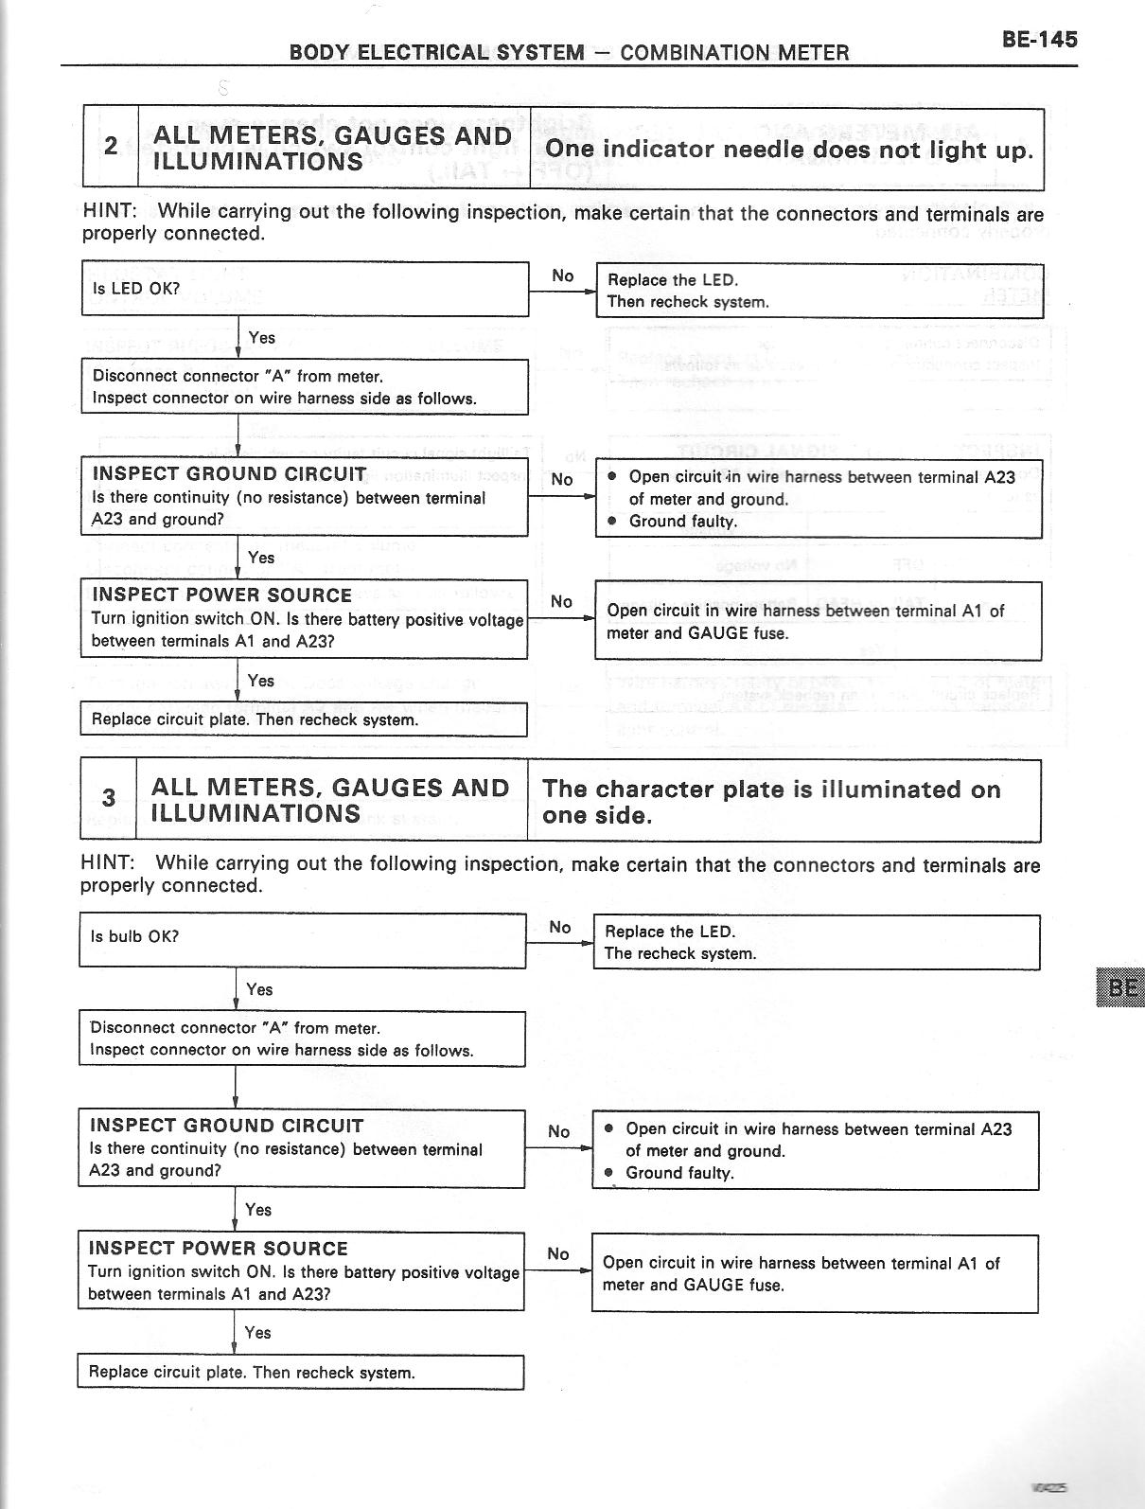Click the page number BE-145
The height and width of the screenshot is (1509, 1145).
click(1038, 40)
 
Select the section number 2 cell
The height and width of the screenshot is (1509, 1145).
click(111, 146)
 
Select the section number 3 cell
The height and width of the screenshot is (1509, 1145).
click(108, 798)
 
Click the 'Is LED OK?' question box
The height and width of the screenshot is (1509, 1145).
click(304, 288)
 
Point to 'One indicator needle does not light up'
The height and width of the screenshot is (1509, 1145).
click(788, 150)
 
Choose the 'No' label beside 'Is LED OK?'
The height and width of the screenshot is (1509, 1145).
click(563, 275)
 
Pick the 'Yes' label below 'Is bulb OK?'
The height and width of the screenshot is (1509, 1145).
click(259, 989)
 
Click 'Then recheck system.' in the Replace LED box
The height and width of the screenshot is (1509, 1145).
click(688, 302)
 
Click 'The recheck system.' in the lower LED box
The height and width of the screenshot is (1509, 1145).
click(680, 953)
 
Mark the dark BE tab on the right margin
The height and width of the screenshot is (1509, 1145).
click(1119, 987)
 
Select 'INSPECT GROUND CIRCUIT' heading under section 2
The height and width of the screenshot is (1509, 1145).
click(230, 474)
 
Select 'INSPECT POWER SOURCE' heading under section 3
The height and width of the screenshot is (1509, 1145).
click(219, 1249)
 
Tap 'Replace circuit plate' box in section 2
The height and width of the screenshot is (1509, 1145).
click(303, 719)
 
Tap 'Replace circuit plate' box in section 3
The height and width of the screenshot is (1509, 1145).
click(300, 1372)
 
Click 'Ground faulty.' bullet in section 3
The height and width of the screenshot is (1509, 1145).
click(679, 1173)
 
